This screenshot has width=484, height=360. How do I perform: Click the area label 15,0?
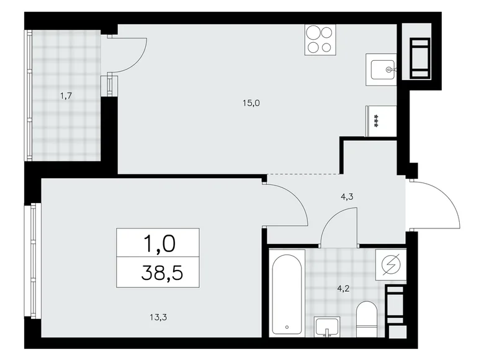(x=251, y=103)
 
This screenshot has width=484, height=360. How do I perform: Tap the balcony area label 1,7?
(x=65, y=95)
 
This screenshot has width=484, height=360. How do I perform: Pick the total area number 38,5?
(x=158, y=272)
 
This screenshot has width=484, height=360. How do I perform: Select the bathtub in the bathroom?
(x=287, y=291)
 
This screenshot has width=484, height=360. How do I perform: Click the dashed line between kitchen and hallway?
(x=304, y=174)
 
